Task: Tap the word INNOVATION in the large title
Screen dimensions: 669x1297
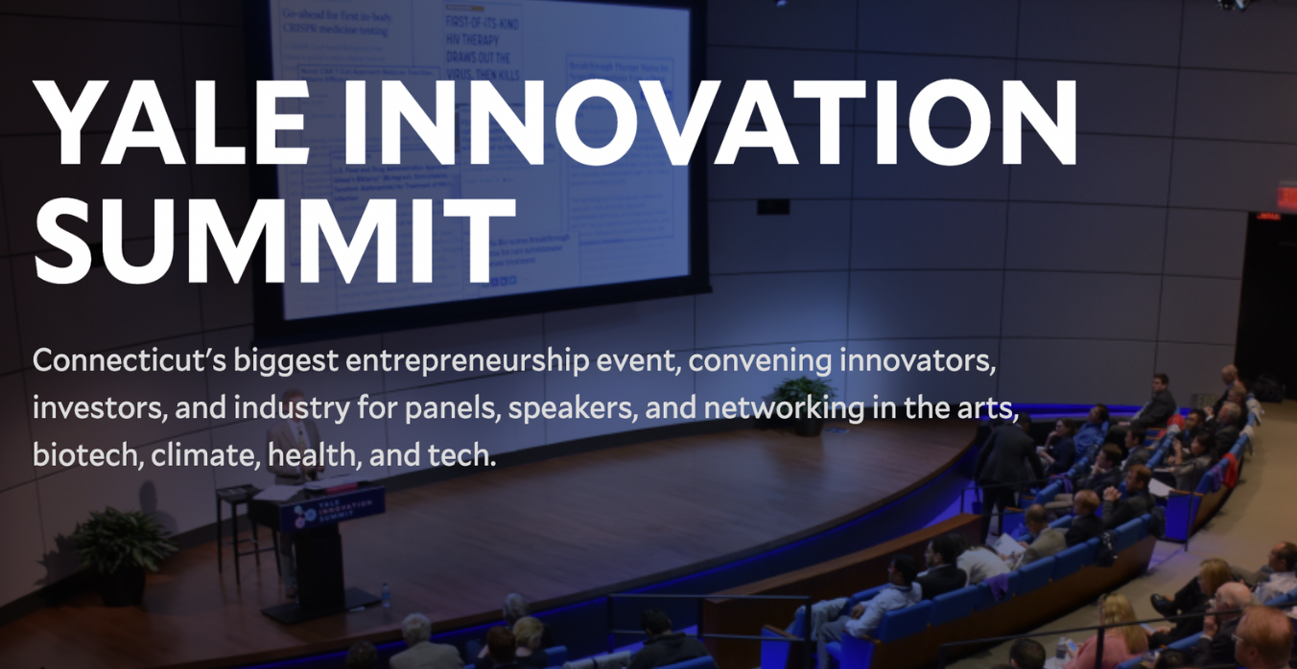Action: (x=706, y=122)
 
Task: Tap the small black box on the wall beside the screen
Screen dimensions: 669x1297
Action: (x=773, y=206)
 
